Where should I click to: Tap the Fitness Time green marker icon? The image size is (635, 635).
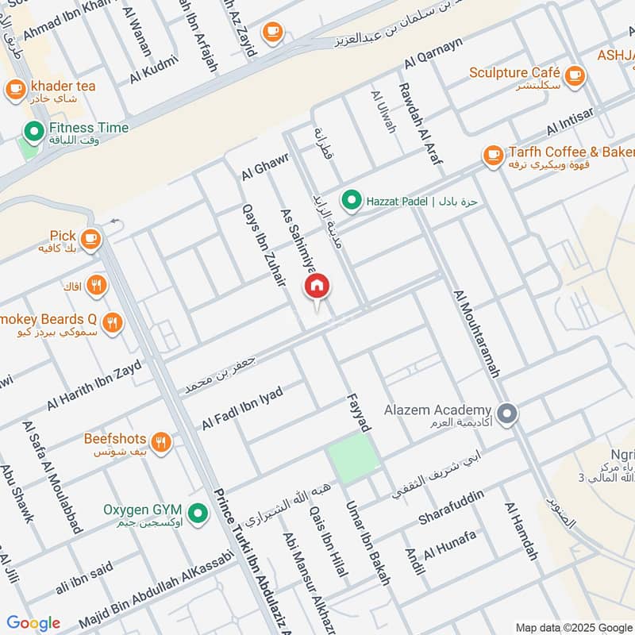tap(33, 129)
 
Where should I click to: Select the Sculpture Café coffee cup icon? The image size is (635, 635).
tap(575, 75)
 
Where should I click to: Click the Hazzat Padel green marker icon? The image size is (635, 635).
tap(350, 200)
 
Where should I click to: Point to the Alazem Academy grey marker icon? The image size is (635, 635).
tap(508, 413)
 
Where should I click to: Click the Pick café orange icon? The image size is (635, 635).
tap(90, 238)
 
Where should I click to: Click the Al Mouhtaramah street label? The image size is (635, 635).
tap(477, 333)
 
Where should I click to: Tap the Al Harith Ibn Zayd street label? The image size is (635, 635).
tap(94, 384)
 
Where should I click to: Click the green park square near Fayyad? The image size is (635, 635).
tap(353, 458)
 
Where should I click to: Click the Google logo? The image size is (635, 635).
tap(33, 622)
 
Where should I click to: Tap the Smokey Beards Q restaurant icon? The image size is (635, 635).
tap(114, 322)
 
